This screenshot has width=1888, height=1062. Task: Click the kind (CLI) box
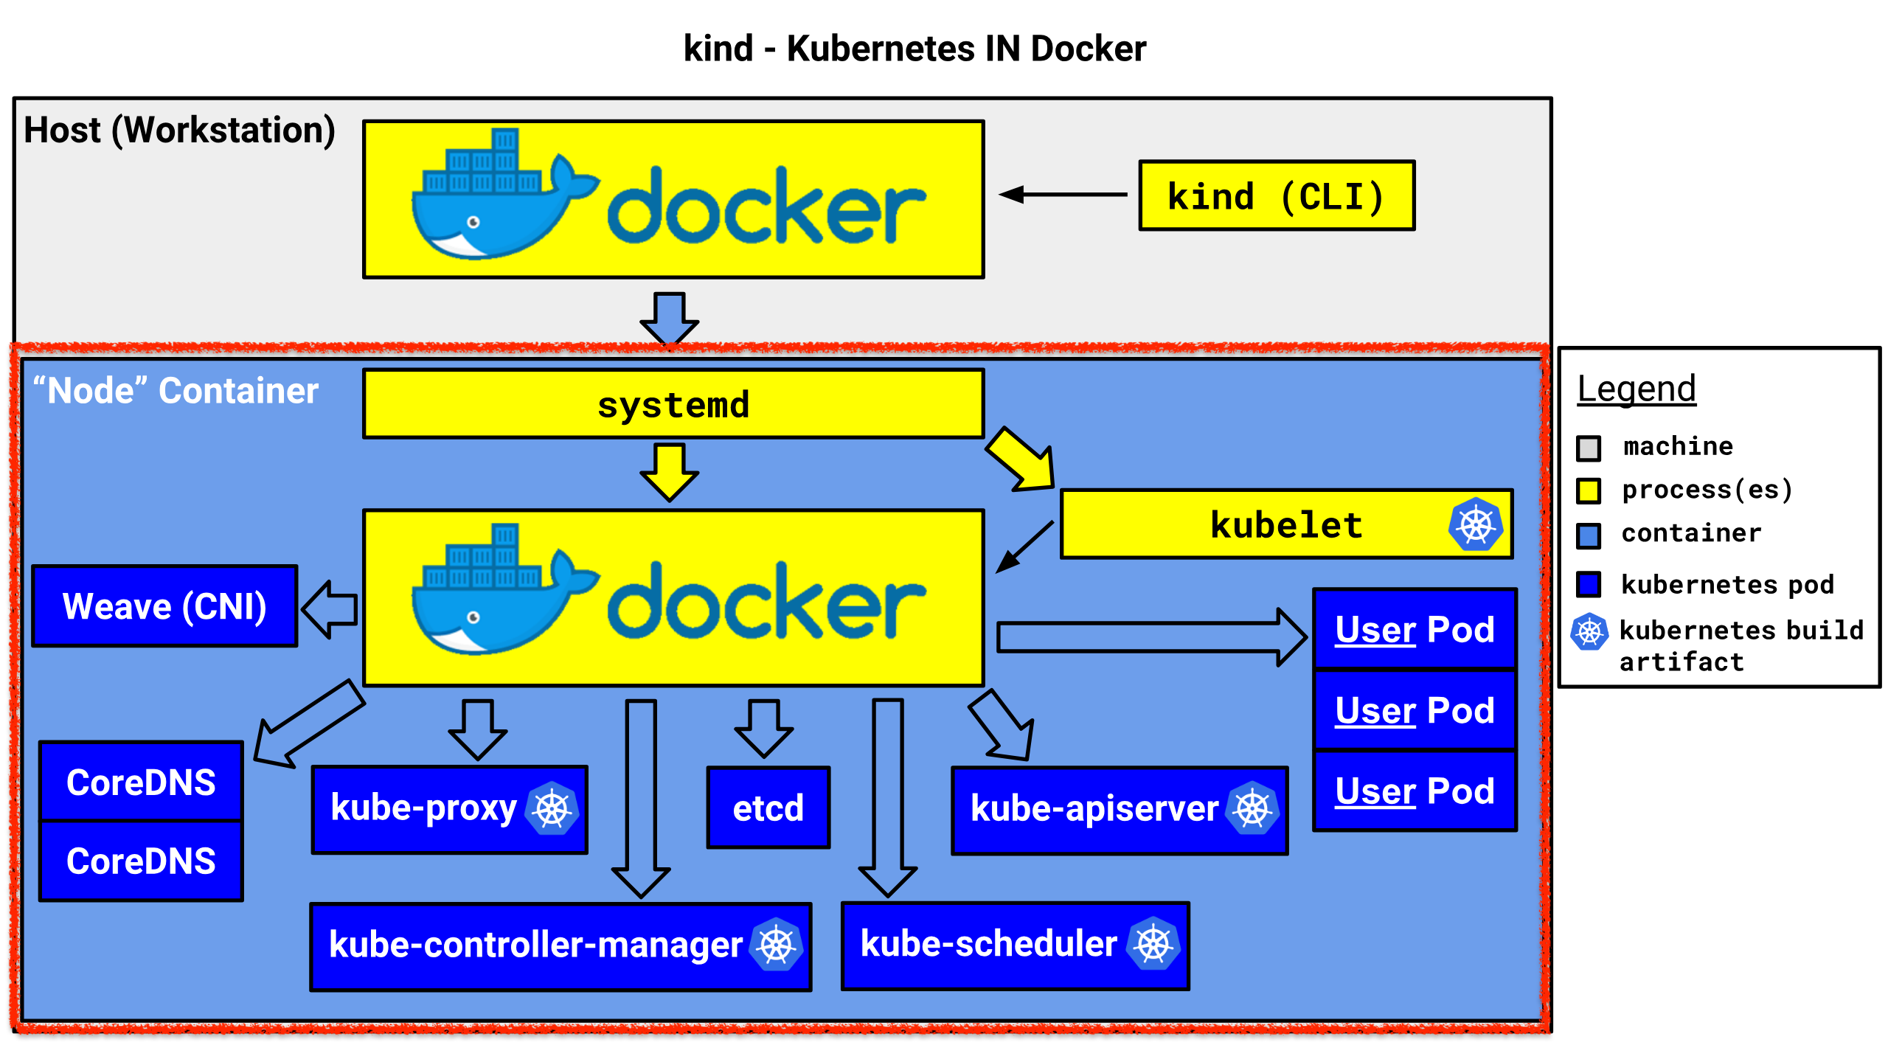1277,195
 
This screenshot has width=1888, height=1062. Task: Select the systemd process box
673,404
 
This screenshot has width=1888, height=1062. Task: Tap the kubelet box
1286,524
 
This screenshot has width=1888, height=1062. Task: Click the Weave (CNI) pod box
164,606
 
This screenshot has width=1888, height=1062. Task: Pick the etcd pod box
768,808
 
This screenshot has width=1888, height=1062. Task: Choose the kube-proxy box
450,810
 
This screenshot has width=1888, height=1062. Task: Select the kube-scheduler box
1016,945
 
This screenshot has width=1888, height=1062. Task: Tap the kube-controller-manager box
561,947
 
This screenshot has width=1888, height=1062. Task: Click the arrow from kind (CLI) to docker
1063,195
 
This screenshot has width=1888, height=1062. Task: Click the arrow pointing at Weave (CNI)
330,609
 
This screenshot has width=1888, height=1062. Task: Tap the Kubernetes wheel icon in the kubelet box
1476,525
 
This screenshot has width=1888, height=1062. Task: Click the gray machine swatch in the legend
1589,448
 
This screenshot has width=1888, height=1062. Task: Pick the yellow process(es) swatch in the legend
1589,491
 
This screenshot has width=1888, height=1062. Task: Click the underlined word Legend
1637,389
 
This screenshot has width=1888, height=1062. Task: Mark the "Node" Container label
176,391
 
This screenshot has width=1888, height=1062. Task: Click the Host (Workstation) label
179,131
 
